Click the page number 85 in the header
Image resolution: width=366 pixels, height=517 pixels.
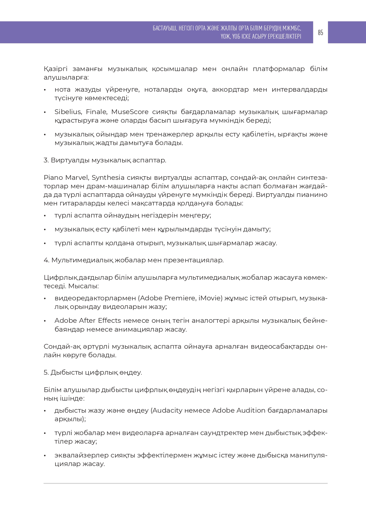click(x=320, y=32)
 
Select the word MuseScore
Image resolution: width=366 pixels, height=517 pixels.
click(x=130, y=112)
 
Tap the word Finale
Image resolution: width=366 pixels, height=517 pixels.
click(x=96, y=112)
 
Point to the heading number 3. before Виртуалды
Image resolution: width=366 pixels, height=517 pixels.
click(x=46, y=160)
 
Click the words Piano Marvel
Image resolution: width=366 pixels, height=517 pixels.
click(x=66, y=178)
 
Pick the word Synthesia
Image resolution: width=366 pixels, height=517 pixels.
click(x=108, y=178)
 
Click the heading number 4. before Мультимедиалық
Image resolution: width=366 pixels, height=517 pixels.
click(x=46, y=260)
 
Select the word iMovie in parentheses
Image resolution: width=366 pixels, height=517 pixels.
click(x=210, y=298)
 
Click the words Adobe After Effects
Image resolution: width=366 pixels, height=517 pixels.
click(x=88, y=321)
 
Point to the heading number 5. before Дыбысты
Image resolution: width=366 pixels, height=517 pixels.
click(x=46, y=373)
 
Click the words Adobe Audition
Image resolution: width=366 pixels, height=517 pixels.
click(x=239, y=411)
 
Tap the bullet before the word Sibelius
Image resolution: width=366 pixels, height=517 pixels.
click(x=45, y=112)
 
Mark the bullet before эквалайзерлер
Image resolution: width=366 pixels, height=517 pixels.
click(x=45, y=456)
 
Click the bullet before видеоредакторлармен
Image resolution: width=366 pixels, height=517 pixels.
click(x=45, y=299)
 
